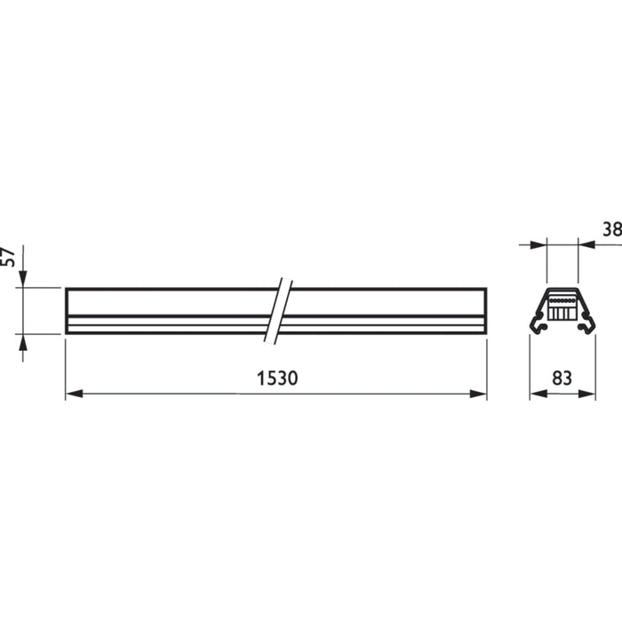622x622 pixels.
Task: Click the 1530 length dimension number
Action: point(276,378)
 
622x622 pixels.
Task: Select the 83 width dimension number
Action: point(562,378)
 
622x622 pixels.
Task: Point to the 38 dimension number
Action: point(611,230)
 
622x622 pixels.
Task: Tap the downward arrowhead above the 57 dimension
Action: point(23,280)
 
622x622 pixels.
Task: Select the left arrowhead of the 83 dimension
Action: point(537,393)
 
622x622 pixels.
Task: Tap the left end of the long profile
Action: point(67,311)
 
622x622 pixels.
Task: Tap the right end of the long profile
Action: point(485,311)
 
